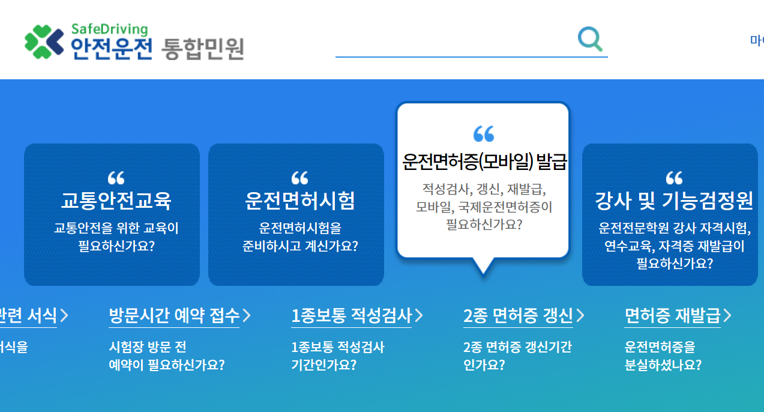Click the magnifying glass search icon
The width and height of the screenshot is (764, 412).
click(x=590, y=39)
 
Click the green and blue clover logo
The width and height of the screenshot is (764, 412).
click(x=44, y=42)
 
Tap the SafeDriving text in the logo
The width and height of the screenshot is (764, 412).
click(x=109, y=29)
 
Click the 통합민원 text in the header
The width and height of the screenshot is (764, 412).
click(x=203, y=49)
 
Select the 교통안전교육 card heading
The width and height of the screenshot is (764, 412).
click(x=116, y=201)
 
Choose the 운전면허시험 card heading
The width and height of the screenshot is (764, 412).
click(x=299, y=201)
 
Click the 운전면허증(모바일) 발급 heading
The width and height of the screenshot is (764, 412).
click(x=484, y=162)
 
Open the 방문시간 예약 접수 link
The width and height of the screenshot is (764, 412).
click(x=174, y=315)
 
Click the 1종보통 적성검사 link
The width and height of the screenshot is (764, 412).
click(x=351, y=315)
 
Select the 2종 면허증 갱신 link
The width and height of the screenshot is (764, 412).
click(x=518, y=315)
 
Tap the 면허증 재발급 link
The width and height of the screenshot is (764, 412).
click(x=672, y=315)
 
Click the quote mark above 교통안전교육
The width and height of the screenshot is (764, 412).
click(x=116, y=178)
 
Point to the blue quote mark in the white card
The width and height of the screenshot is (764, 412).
click(x=484, y=134)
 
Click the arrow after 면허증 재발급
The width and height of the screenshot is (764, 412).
click(x=727, y=315)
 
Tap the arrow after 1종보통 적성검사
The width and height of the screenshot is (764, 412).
click(x=419, y=315)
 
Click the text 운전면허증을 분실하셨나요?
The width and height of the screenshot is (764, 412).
click(x=663, y=356)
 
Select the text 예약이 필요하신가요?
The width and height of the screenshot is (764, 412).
click(x=166, y=365)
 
